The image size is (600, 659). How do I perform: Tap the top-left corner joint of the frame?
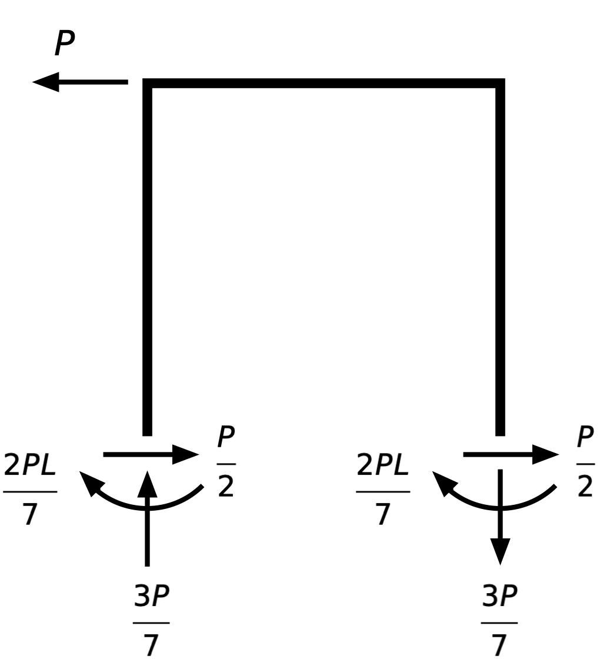tap(148, 83)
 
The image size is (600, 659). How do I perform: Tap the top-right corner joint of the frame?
tap(500, 83)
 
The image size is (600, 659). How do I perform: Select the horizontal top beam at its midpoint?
tap(324, 83)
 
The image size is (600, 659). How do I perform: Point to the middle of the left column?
tap(148, 259)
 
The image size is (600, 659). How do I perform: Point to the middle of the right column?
tap(500, 259)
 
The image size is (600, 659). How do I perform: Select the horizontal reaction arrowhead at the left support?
tap(188, 454)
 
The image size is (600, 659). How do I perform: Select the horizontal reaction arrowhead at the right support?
tap(547, 454)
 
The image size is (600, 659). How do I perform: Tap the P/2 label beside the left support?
tap(226, 462)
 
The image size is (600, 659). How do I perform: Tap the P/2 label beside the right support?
tap(585, 462)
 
